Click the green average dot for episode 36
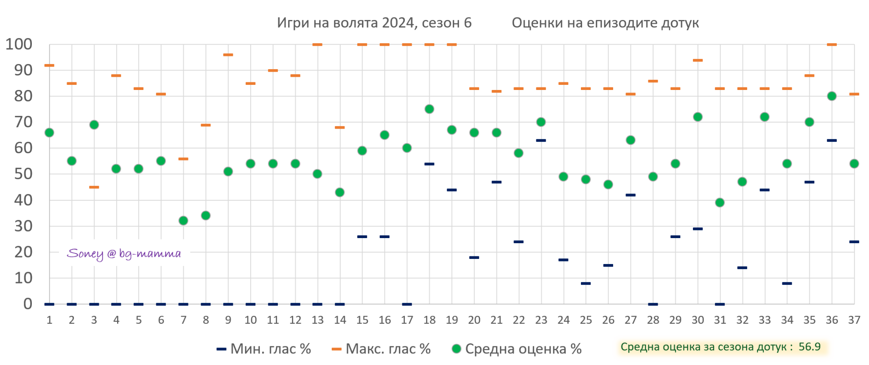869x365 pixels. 832,96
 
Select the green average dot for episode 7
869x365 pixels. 183,221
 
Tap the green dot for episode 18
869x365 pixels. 429,109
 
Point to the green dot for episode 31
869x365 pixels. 720,202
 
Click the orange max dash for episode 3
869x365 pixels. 94,187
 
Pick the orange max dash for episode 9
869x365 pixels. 228,55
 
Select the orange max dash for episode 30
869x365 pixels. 698,60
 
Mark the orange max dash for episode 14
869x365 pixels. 340,127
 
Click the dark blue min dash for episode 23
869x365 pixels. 541,140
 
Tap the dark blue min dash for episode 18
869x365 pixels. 429,164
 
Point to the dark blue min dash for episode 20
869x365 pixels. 474,258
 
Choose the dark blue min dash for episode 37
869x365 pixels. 854,242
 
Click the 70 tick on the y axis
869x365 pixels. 23,122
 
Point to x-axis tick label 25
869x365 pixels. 586,320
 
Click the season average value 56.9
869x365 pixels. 809,347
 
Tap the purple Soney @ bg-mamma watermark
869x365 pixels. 124,254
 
